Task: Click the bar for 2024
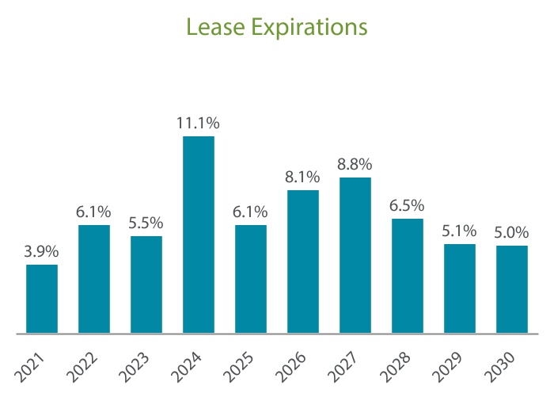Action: pos(199,235)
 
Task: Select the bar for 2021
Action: pos(42,299)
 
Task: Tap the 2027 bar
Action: pos(355,255)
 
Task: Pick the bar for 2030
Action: pos(511,289)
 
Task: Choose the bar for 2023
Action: pos(146,285)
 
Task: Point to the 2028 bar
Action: pos(408,276)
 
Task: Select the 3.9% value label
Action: pos(42,251)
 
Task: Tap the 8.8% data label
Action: pos(355,165)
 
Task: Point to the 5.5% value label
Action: pos(146,223)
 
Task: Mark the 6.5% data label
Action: pos(408,205)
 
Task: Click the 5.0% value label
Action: pos(511,232)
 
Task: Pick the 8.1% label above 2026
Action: pos(303,178)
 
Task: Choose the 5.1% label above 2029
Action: pos(460,231)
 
